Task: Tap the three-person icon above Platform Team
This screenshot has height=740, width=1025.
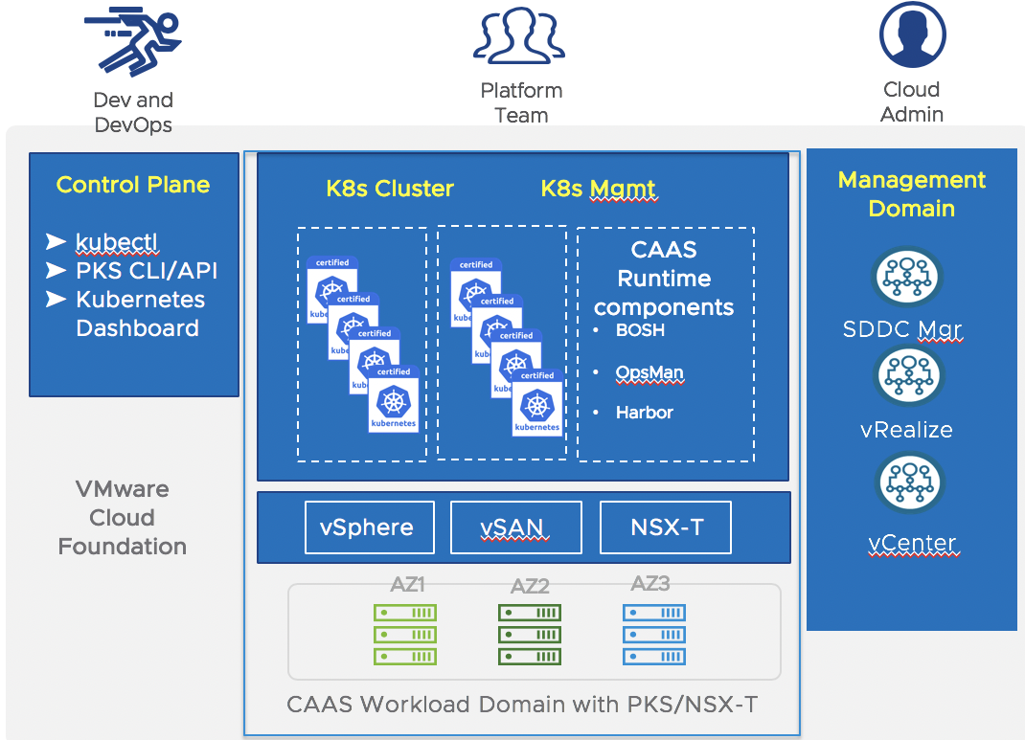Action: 520,36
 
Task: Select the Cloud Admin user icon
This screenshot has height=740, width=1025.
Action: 911,35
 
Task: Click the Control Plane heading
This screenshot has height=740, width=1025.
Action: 133,185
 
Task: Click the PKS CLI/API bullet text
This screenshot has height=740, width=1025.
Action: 147,271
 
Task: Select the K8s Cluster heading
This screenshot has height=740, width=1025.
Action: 390,189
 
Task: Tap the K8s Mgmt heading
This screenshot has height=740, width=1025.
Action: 599,189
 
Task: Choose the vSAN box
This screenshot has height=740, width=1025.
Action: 515,527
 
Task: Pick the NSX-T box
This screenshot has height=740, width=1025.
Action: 667,527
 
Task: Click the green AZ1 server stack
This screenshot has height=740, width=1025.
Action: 405,634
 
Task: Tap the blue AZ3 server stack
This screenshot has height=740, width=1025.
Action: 654,634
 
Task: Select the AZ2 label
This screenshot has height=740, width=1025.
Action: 530,587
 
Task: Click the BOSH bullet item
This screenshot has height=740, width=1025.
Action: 640,330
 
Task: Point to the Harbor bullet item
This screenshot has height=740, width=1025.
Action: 644,413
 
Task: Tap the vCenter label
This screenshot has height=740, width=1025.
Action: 912,544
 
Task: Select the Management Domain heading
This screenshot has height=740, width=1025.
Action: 911,194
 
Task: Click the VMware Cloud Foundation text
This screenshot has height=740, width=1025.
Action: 122,518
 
